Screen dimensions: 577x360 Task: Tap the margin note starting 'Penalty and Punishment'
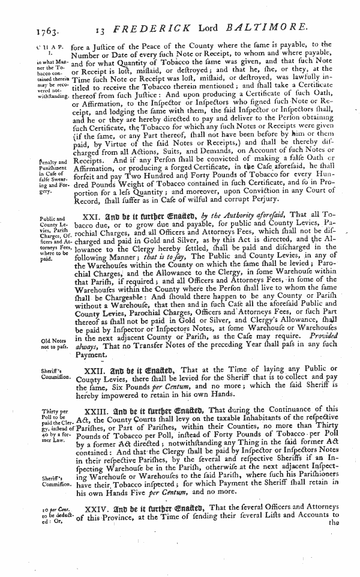point(22,182)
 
